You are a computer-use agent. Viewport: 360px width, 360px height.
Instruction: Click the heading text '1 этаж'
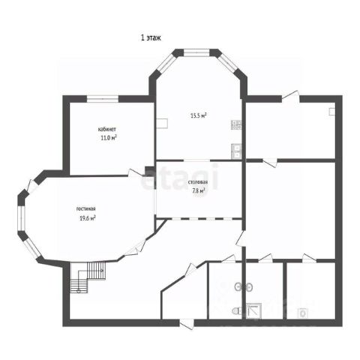point(151,38)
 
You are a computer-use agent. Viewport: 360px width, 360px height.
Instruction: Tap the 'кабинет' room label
point(107,130)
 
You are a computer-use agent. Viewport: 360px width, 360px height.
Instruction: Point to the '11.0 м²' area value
point(109,137)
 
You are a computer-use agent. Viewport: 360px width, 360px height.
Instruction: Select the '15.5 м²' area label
point(199,115)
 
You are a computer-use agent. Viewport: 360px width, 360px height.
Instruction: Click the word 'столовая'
point(198,182)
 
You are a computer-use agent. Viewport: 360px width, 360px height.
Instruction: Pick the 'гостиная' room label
point(85,208)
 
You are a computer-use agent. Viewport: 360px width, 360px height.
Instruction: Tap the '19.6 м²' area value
point(88,218)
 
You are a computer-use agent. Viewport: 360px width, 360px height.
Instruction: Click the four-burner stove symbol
point(236,124)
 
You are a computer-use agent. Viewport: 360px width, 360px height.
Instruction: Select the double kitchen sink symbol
point(236,151)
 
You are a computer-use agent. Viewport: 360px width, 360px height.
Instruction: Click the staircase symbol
point(88,277)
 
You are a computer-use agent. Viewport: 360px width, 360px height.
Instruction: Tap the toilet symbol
point(236,311)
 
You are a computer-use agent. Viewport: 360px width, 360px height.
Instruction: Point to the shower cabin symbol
point(253,310)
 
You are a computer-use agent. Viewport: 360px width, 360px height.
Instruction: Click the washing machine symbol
point(303,313)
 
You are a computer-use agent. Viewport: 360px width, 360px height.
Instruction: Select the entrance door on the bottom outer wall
point(187,324)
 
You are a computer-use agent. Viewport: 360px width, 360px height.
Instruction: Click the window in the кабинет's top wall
point(103,99)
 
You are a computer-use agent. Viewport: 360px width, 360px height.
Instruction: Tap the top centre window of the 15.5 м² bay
point(196,52)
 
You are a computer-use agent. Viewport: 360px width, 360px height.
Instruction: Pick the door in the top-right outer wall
point(291,97)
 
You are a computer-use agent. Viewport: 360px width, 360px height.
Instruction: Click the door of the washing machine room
point(309,259)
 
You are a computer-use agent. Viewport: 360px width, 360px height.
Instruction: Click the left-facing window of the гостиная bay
point(22,218)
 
